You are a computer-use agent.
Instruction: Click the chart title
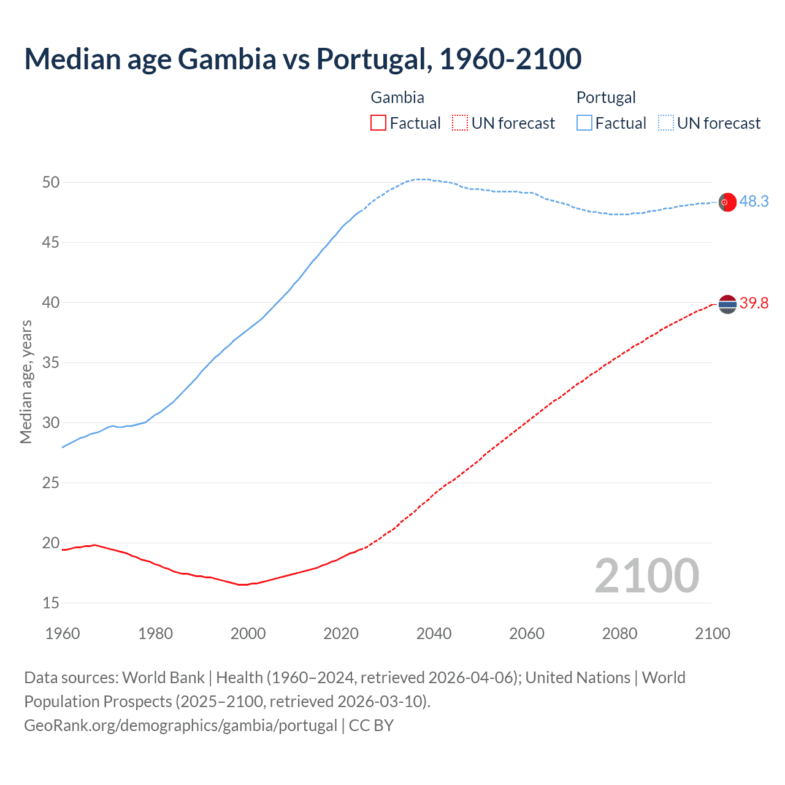click(x=302, y=59)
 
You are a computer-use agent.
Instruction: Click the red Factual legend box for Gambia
click(x=378, y=123)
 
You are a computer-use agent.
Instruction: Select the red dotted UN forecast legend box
click(x=460, y=123)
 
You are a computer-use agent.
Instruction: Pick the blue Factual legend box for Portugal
click(x=584, y=123)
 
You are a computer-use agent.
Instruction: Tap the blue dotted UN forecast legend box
click(x=665, y=123)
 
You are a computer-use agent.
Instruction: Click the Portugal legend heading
click(x=605, y=98)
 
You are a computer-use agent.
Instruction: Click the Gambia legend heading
click(x=397, y=98)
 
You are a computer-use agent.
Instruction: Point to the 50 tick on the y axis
click(x=51, y=182)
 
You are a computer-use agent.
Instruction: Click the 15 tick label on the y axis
click(x=51, y=603)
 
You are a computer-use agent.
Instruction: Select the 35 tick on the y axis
click(x=51, y=362)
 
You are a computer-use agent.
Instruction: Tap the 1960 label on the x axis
click(x=63, y=634)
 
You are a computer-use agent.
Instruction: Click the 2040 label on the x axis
click(x=434, y=634)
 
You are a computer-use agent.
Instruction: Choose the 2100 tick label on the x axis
click(x=712, y=634)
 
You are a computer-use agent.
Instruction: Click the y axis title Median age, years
click(x=26, y=381)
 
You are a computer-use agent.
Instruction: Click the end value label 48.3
click(x=754, y=201)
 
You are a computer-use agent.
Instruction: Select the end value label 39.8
click(x=754, y=303)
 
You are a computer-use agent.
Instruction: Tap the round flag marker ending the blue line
click(x=727, y=202)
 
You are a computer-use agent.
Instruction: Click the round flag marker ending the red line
click(x=727, y=304)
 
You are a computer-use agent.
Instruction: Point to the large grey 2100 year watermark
click(x=646, y=575)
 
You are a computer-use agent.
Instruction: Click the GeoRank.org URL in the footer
click(x=180, y=725)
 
